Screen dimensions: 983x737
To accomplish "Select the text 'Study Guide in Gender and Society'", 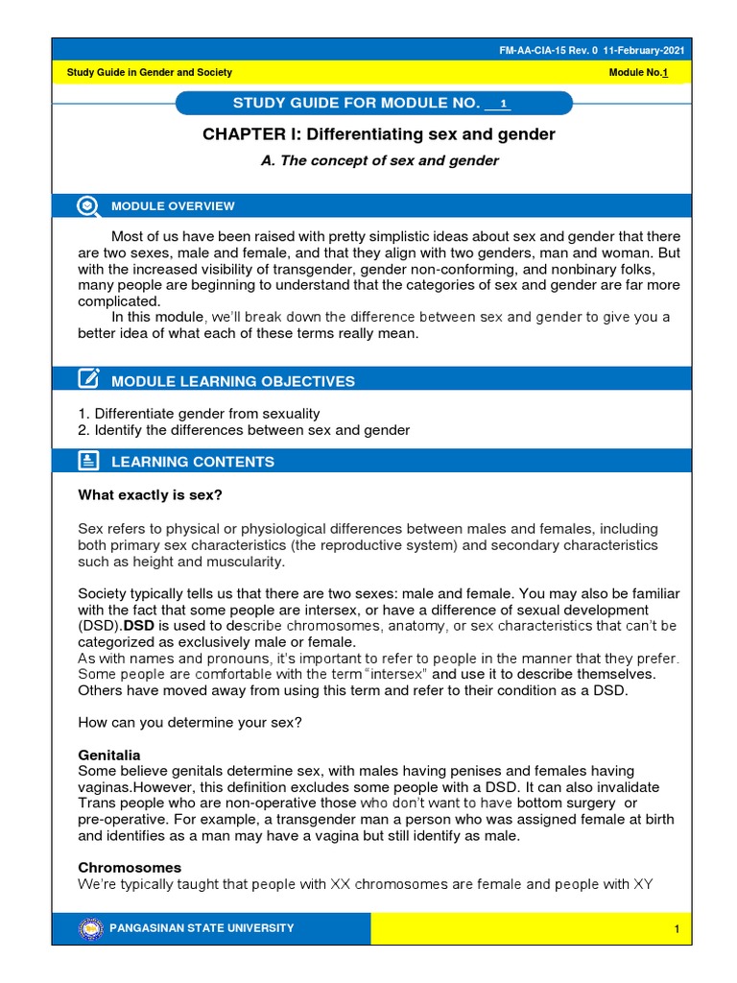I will (x=149, y=73).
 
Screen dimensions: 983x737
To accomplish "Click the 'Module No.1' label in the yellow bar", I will (x=638, y=73).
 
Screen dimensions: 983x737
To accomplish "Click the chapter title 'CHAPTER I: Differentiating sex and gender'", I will (x=379, y=134).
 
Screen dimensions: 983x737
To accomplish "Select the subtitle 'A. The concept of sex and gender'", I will (x=380, y=161).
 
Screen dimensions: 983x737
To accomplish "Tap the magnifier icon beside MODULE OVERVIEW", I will (x=88, y=205).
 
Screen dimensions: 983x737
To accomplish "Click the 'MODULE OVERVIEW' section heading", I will (x=173, y=206).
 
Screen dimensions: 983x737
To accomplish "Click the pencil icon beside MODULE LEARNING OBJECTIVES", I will (x=88, y=380).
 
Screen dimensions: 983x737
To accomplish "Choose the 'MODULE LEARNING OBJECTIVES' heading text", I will (x=233, y=382).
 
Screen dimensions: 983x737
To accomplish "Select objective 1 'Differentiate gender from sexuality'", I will (x=199, y=413).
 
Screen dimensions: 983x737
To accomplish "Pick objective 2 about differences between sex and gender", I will (x=244, y=430).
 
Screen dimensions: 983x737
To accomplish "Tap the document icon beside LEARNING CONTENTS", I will (x=88, y=461).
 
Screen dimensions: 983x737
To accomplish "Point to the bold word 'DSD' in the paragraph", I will (x=131, y=626).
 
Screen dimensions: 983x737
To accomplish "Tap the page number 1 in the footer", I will (x=677, y=929).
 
